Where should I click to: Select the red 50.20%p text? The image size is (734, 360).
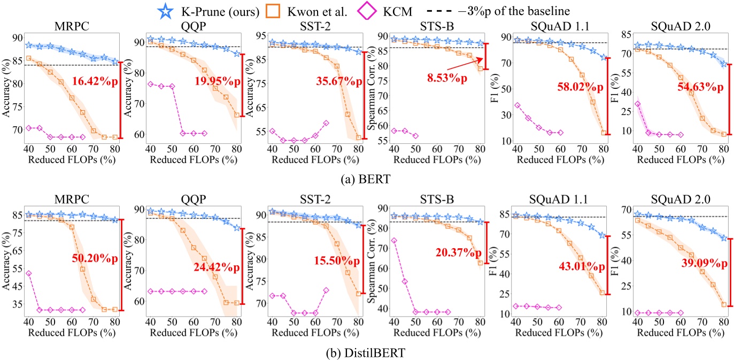coord(94,259)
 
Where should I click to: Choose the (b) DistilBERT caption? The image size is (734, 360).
coord(367,354)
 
